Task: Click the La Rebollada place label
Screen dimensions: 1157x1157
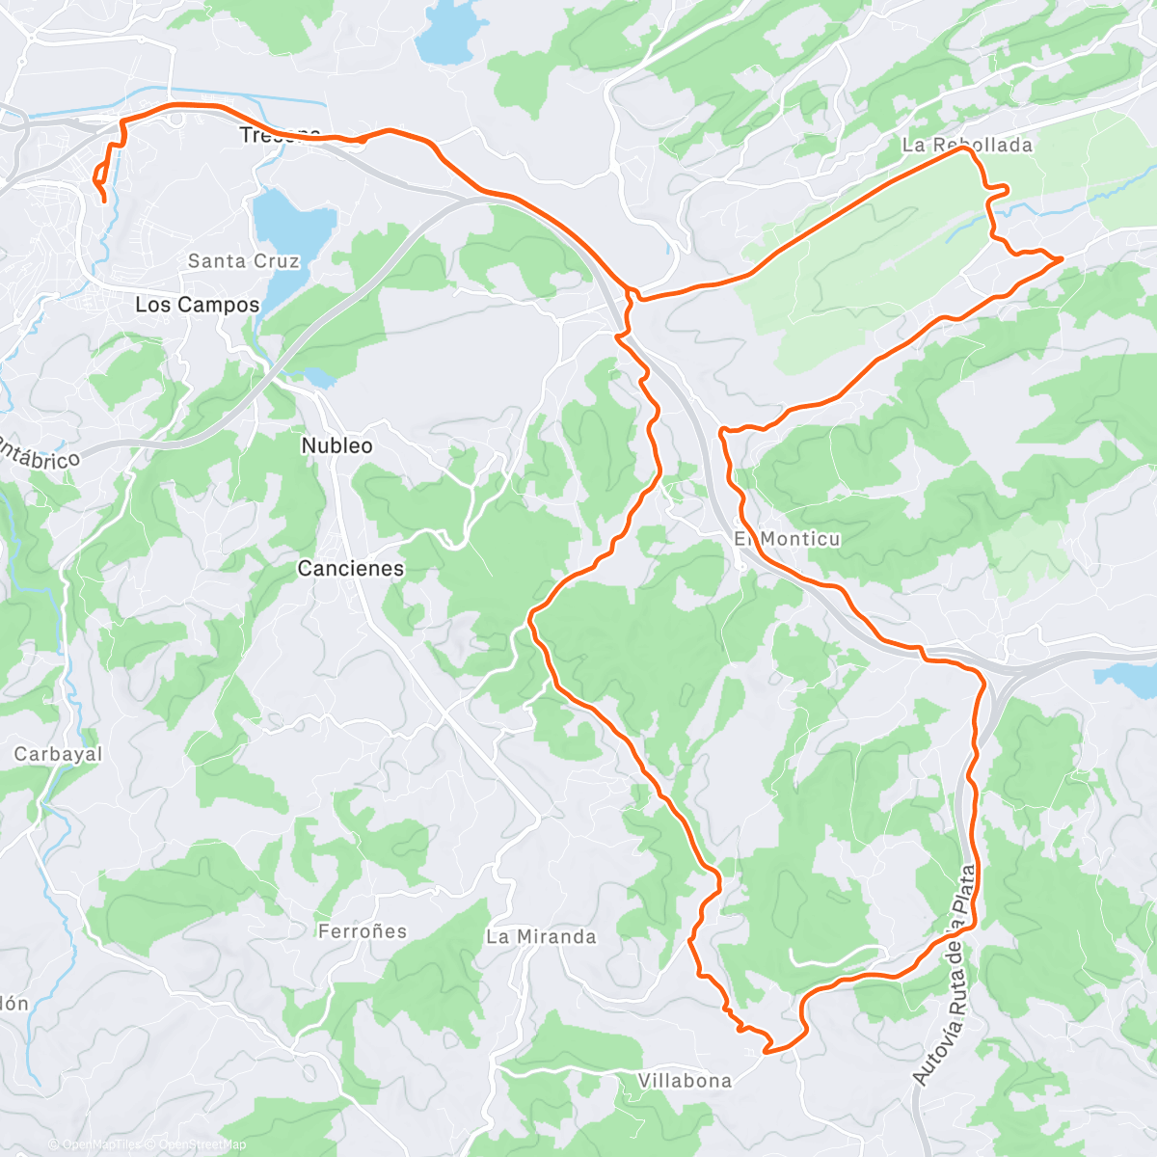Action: (x=967, y=146)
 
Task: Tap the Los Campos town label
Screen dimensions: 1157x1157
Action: (x=197, y=306)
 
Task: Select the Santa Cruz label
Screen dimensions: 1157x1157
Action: (x=243, y=261)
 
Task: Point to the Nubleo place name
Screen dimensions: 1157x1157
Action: (x=336, y=446)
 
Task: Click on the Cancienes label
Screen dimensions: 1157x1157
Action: (x=350, y=569)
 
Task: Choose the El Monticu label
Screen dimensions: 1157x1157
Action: (x=787, y=539)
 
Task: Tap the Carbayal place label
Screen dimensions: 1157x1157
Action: (x=58, y=754)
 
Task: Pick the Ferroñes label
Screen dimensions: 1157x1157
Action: (x=363, y=931)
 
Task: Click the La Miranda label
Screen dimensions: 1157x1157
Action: (x=541, y=937)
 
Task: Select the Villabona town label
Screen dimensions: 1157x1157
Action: (x=685, y=1081)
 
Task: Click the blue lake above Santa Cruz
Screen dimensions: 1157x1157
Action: (x=291, y=231)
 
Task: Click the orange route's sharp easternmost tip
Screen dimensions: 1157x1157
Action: (x=1062, y=258)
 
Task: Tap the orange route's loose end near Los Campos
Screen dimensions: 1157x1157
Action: (x=104, y=201)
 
